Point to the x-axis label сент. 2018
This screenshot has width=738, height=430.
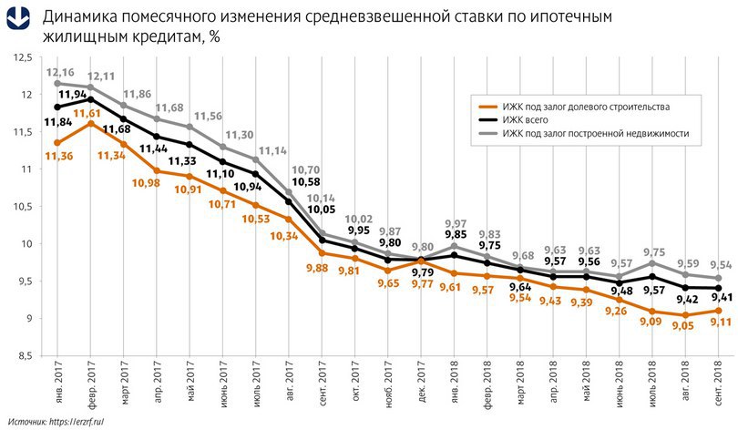point(721,386)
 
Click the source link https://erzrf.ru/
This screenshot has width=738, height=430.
point(78,420)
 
